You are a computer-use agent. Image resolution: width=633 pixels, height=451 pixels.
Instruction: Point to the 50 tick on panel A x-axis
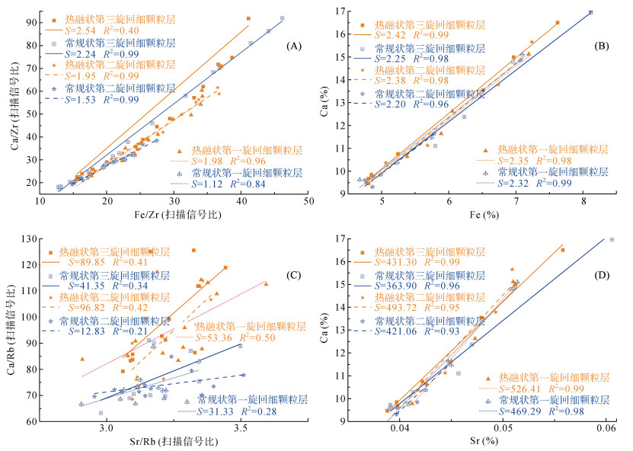(309, 200)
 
